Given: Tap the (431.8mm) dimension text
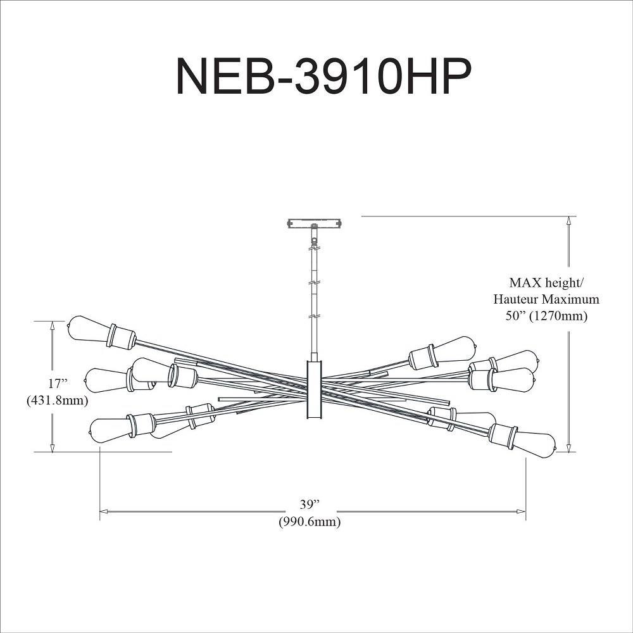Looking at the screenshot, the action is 58,401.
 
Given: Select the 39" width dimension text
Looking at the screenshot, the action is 310,504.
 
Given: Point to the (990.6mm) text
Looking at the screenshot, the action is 310,522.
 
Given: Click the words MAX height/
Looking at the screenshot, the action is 546,282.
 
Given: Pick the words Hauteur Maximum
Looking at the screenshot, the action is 546,299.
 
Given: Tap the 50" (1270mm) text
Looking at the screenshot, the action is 547,316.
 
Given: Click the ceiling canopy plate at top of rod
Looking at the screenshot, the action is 315,223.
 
